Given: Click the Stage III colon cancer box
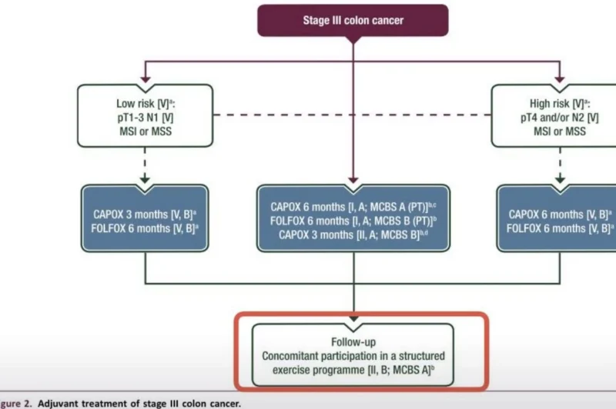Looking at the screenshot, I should click(352, 20).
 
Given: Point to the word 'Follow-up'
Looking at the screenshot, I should click(353, 341).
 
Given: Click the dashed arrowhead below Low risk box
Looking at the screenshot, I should click(145, 181).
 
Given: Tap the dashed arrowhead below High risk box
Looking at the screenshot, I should click(560, 181).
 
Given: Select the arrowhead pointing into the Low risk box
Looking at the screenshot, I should click(145, 80).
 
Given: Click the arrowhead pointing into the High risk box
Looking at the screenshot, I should click(560, 80).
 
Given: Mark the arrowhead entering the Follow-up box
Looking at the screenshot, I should click(353, 317).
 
